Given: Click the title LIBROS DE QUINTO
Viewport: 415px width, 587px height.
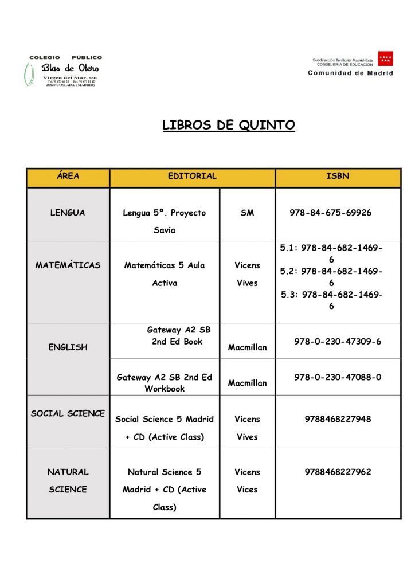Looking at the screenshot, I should coord(229,125).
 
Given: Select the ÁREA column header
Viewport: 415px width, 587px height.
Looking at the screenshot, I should coord(68,176).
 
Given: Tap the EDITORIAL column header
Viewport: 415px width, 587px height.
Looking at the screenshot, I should coord(192,176).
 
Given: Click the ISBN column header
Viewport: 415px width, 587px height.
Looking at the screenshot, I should coord(338,176).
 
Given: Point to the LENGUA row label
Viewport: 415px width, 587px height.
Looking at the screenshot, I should coord(68,213).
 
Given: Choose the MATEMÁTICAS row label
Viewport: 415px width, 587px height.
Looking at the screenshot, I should coord(68,265).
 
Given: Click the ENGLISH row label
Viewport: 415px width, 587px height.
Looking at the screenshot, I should coord(68,347).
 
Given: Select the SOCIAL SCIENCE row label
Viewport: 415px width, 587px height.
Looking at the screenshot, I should coord(68,413).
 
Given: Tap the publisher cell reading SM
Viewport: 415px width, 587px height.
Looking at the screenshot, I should coord(247,213).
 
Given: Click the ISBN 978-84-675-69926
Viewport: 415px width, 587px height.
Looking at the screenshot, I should coord(330,213).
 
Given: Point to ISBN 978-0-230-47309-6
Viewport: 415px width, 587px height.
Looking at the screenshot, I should coord(338,341).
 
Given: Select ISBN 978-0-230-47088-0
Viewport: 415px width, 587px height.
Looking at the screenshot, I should coord(338,377).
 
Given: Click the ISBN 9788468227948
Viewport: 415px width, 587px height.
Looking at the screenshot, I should coord(338,419).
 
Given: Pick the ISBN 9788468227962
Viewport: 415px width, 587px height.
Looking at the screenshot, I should coord(338,472).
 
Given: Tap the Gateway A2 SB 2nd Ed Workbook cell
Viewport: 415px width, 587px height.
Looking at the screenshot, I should coord(165,383).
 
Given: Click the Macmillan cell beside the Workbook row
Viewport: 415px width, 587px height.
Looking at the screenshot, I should coord(247,383).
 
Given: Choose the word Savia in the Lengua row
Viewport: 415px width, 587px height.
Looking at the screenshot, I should coord(165,230).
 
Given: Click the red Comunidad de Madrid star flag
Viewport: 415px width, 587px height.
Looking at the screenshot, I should coord(385,59).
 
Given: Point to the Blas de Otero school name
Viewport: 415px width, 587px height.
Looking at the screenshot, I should coord(70,68).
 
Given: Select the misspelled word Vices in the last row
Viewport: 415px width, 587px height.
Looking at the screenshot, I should coord(247,490).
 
